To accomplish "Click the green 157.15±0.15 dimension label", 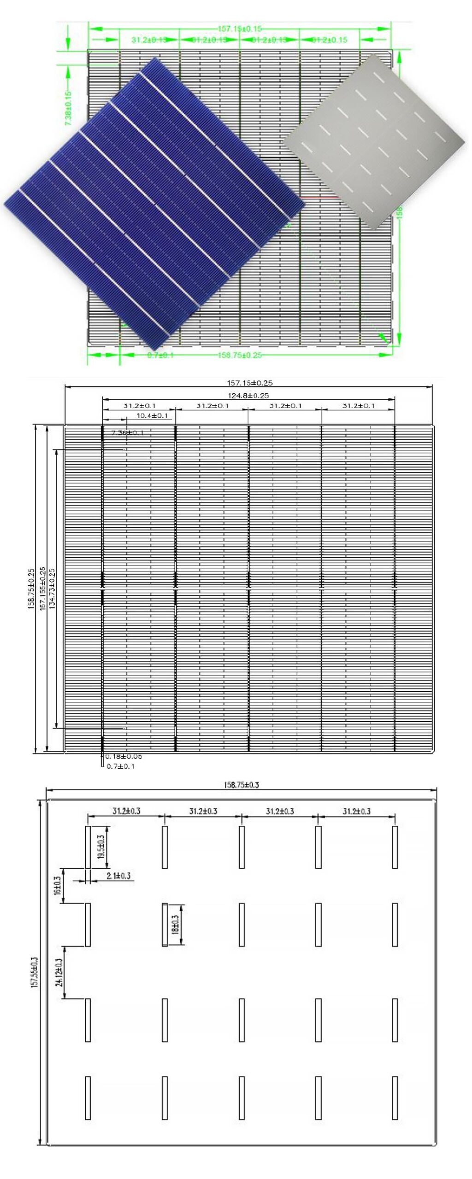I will [239, 29].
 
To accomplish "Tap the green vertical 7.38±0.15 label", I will [68, 108].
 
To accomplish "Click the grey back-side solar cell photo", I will [374, 142].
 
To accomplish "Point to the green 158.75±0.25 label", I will [239, 355].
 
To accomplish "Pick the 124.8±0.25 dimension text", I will [248, 395].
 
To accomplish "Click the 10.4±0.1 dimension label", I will [152, 415].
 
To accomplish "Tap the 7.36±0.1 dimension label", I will [128, 432].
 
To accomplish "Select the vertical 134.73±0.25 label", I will [52, 589].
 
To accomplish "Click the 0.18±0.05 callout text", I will [124, 756].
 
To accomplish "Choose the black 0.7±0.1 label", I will [121, 766].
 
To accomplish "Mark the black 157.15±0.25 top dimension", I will [249, 383].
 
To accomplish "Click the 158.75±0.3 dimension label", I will [241, 785].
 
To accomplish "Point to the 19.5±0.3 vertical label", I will [101, 846].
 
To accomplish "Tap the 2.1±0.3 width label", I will [118, 875].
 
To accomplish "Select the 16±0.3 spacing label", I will [57, 885].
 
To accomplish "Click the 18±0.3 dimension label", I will [175, 924].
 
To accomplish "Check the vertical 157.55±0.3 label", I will [34, 972].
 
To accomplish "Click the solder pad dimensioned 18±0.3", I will [165, 924].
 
